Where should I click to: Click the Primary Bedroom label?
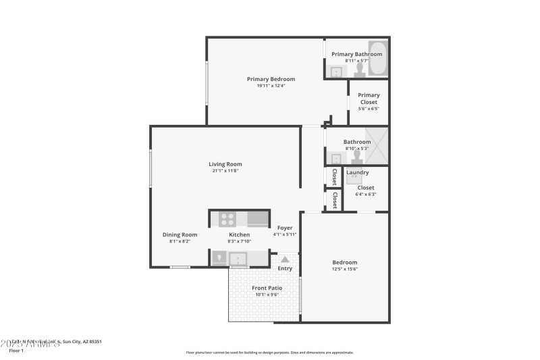click(271, 79)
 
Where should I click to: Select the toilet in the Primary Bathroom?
click(360, 71)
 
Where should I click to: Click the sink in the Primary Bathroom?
click(335, 71)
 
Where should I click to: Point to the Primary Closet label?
click(369, 99)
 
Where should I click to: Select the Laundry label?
click(357, 172)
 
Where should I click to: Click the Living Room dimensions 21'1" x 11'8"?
click(225, 171)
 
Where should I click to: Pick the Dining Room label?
click(180, 234)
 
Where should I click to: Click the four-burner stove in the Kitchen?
click(227, 219)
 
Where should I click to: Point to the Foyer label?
click(285, 228)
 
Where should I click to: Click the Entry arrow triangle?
click(285, 259)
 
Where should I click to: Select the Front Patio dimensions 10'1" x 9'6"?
click(267, 294)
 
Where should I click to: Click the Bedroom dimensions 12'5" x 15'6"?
click(344, 269)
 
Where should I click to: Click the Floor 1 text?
click(16, 351)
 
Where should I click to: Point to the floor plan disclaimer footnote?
click(269, 352)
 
